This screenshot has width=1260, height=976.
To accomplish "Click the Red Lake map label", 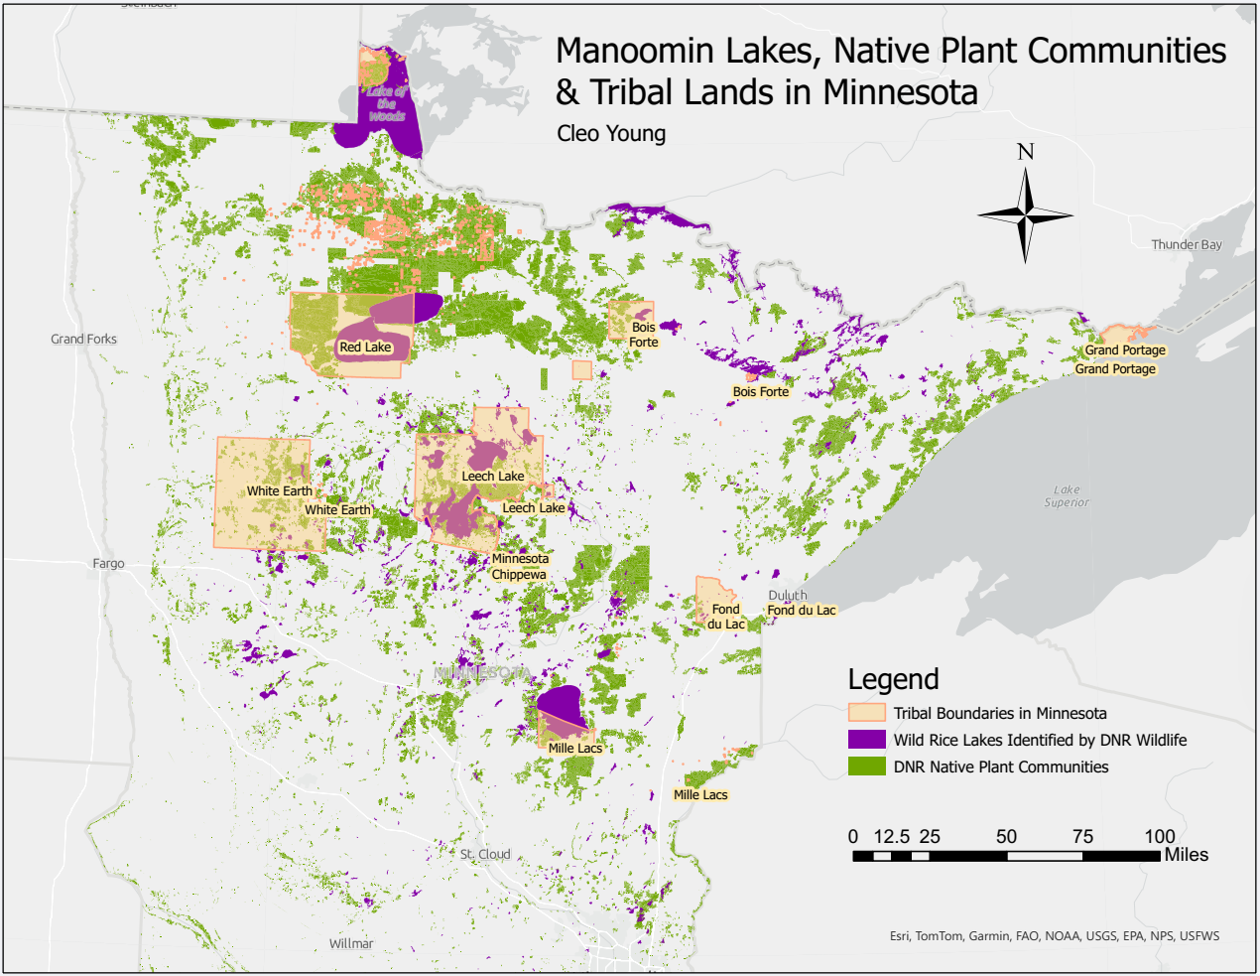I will [x=365, y=348].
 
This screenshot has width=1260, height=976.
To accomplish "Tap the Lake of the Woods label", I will [x=387, y=103].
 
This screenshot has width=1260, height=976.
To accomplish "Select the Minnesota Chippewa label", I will [x=520, y=567].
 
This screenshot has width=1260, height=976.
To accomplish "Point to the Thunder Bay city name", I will [x=1186, y=244].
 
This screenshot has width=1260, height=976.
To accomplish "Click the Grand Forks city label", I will [x=83, y=339].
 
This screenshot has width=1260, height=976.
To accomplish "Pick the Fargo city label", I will [x=108, y=563].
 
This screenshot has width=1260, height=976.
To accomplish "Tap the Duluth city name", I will [x=787, y=595].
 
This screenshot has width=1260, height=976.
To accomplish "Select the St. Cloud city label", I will [x=485, y=854].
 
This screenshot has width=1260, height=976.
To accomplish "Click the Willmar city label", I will [x=351, y=943].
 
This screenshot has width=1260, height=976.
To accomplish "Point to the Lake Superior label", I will [x=1067, y=495].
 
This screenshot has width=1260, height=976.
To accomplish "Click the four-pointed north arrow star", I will [x=1026, y=214].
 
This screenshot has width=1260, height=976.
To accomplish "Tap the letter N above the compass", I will [x=1026, y=152].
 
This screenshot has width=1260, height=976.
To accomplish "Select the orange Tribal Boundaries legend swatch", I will [x=866, y=713].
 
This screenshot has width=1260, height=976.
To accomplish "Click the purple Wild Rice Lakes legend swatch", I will [x=866, y=740].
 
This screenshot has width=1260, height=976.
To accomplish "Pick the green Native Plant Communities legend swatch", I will [x=866, y=767].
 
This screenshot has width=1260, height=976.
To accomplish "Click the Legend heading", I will [x=893, y=679].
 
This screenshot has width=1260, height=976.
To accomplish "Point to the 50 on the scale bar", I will [x=1006, y=836].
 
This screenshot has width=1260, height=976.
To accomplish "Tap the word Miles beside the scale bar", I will [x=1186, y=855].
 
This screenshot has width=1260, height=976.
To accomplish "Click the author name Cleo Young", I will [x=611, y=133].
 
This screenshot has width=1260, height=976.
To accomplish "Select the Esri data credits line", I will [x=1055, y=935].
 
